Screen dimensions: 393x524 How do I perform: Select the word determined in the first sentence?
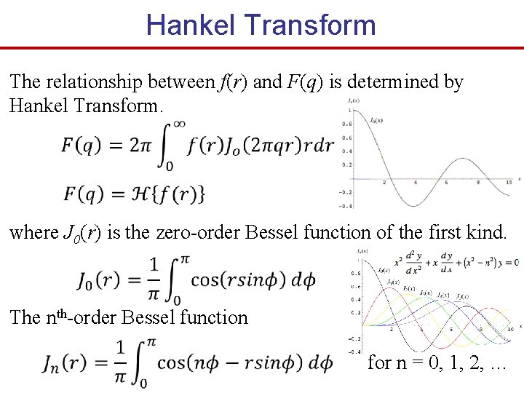pos(395,82)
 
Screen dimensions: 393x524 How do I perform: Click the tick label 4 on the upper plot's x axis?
pos(415,182)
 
